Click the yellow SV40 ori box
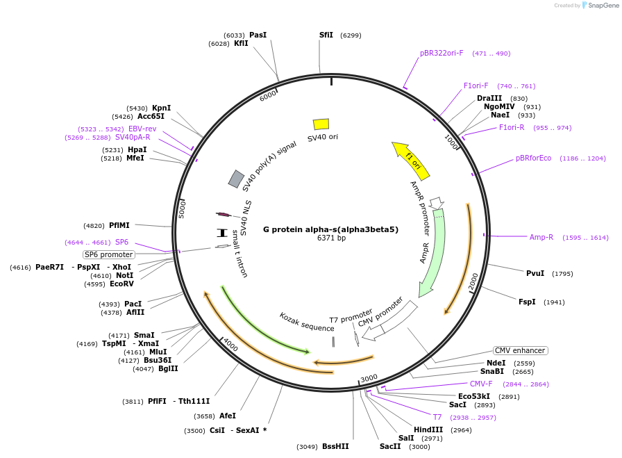point(321,124)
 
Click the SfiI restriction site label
point(326,35)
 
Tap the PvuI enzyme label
point(535,273)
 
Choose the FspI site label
point(527,302)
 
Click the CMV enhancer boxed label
point(520,350)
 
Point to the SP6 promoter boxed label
point(109,254)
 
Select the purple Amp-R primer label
point(541,237)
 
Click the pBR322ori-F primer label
point(442,53)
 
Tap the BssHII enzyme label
point(335,446)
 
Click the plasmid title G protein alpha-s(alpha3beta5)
point(330,229)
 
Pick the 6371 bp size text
point(331,238)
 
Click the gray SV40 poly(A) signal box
point(236,179)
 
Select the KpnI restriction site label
point(161,108)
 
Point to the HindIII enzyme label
point(428,430)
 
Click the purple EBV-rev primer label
point(142,129)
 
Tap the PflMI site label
point(119,225)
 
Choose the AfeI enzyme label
point(228,416)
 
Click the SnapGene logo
point(598,5)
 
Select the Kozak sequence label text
point(307,322)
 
